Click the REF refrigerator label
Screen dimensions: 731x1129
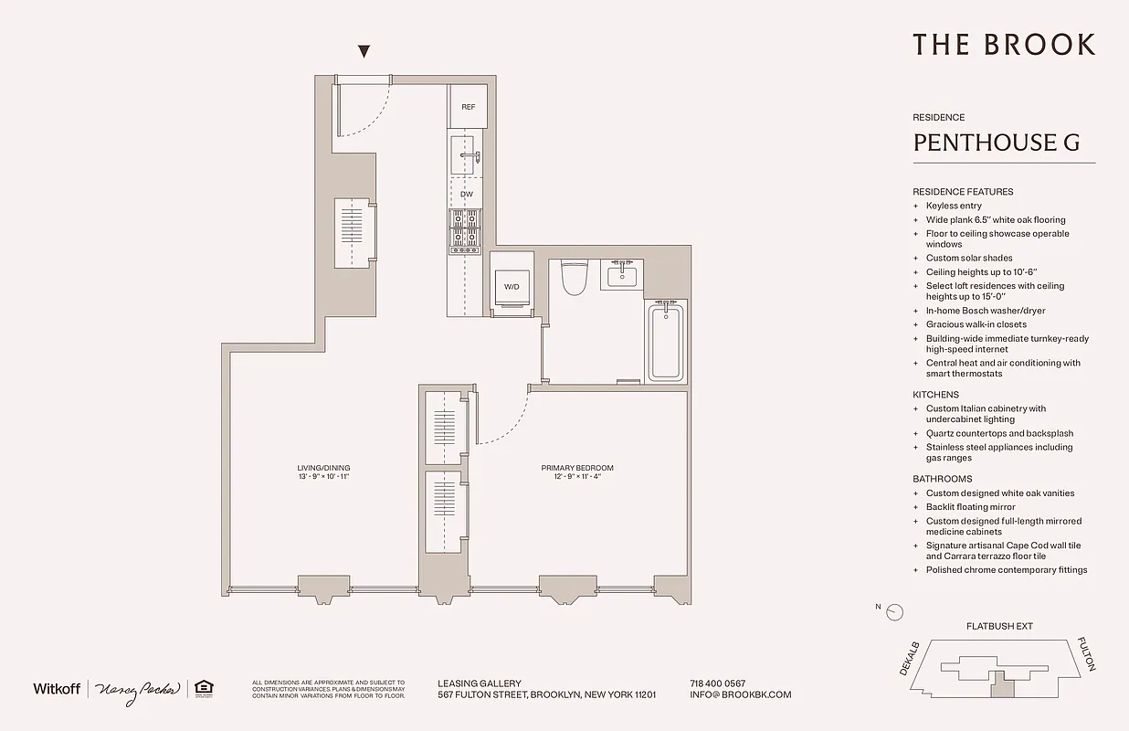[468, 107]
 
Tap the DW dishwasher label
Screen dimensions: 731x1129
[467, 195]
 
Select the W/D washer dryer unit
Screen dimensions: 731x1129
[512, 285]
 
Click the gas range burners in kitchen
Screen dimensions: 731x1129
[465, 231]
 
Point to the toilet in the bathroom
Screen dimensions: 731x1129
[574, 277]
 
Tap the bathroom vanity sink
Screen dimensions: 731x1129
[622, 273]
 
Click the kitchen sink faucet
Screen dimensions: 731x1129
[469, 156]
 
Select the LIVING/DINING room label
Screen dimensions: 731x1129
[317, 471]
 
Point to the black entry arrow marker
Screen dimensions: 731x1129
[364, 52]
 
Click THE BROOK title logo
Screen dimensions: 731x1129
[1003, 44]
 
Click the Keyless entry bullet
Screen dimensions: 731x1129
[954, 206]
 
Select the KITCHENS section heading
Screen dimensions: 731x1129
[935, 395]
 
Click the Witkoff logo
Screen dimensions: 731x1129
[57, 688]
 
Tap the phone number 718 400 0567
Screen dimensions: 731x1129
[717, 683]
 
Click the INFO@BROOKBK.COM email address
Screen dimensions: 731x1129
[741, 694]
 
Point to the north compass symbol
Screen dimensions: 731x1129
[895, 612]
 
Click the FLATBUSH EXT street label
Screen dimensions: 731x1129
[999, 627]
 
